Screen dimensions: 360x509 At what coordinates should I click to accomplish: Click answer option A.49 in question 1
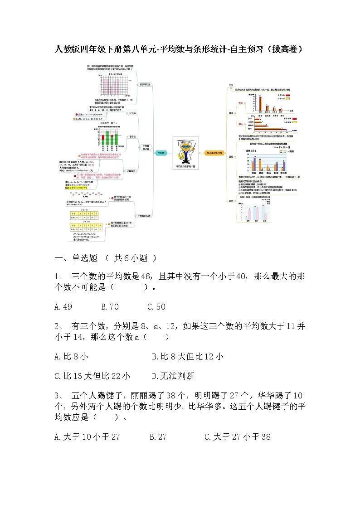pyautogui.click(x=63, y=307)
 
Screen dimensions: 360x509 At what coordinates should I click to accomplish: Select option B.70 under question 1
pyautogui.click(x=110, y=307)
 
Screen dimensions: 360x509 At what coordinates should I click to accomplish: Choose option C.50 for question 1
pyautogui.click(x=156, y=307)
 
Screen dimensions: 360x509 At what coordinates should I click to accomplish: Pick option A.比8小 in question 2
pyautogui.click(x=71, y=357)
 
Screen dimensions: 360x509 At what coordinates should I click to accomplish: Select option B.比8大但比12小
pyautogui.click(x=187, y=357)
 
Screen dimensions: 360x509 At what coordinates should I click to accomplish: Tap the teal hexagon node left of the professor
pyautogui.click(x=161, y=153)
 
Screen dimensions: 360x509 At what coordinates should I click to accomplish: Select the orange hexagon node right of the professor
pyautogui.click(x=214, y=153)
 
